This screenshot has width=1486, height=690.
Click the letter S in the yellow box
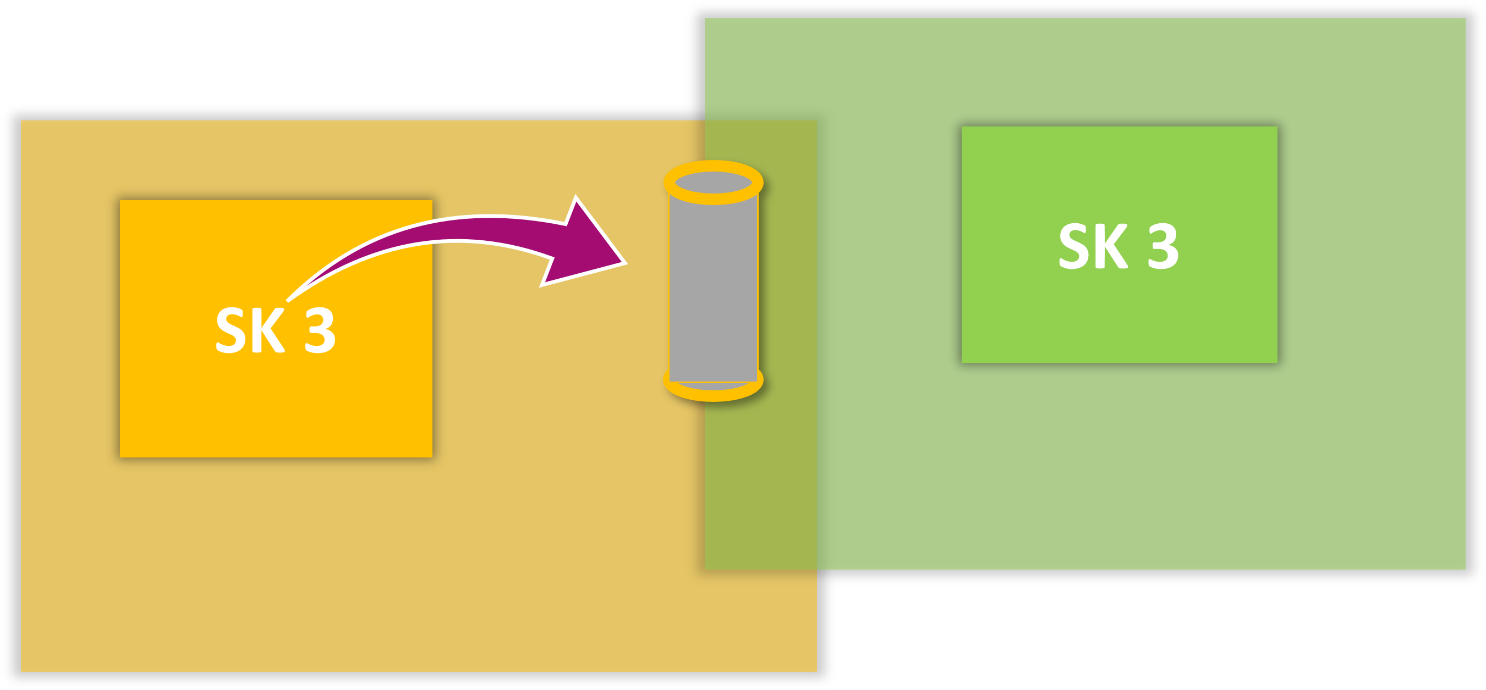pyautogui.click(x=231, y=330)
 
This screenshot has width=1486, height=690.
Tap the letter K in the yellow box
pyautogui.click(x=267, y=330)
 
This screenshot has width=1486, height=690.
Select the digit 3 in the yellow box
pyautogui.click(x=320, y=330)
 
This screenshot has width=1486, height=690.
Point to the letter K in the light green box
pyautogui.click(x=1110, y=246)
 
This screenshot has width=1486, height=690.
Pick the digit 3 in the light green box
pyautogui.click(x=1163, y=246)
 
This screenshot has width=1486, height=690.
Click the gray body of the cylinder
pyautogui.click(x=713, y=288)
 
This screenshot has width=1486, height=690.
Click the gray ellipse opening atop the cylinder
pyautogui.click(x=713, y=182)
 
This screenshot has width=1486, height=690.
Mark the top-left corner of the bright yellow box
pyautogui.click(x=120, y=201)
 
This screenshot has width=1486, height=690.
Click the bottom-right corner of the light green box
pyautogui.click(x=1276, y=362)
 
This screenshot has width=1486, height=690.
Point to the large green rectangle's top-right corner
pyautogui.click(x=1465, y=19)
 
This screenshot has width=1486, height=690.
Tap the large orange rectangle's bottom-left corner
pyautogui.click(x=22, y=670)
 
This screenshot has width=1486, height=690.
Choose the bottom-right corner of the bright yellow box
pyautogui.click(x=431, y=456)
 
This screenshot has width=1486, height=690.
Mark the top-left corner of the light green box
pyautogui.click(x=962, y=128)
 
